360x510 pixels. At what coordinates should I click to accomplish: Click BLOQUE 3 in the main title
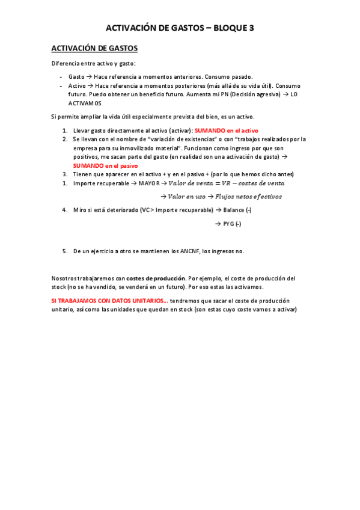click(232, 28)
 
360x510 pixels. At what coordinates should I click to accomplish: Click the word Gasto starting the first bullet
click(76, 77)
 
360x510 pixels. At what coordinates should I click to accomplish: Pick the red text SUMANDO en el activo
click(226, 130)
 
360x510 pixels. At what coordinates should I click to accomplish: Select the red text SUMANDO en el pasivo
click(105, 165)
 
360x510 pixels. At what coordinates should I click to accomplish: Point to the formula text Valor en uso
click(187, 197)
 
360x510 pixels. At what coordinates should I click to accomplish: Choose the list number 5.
click(65, 251)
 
